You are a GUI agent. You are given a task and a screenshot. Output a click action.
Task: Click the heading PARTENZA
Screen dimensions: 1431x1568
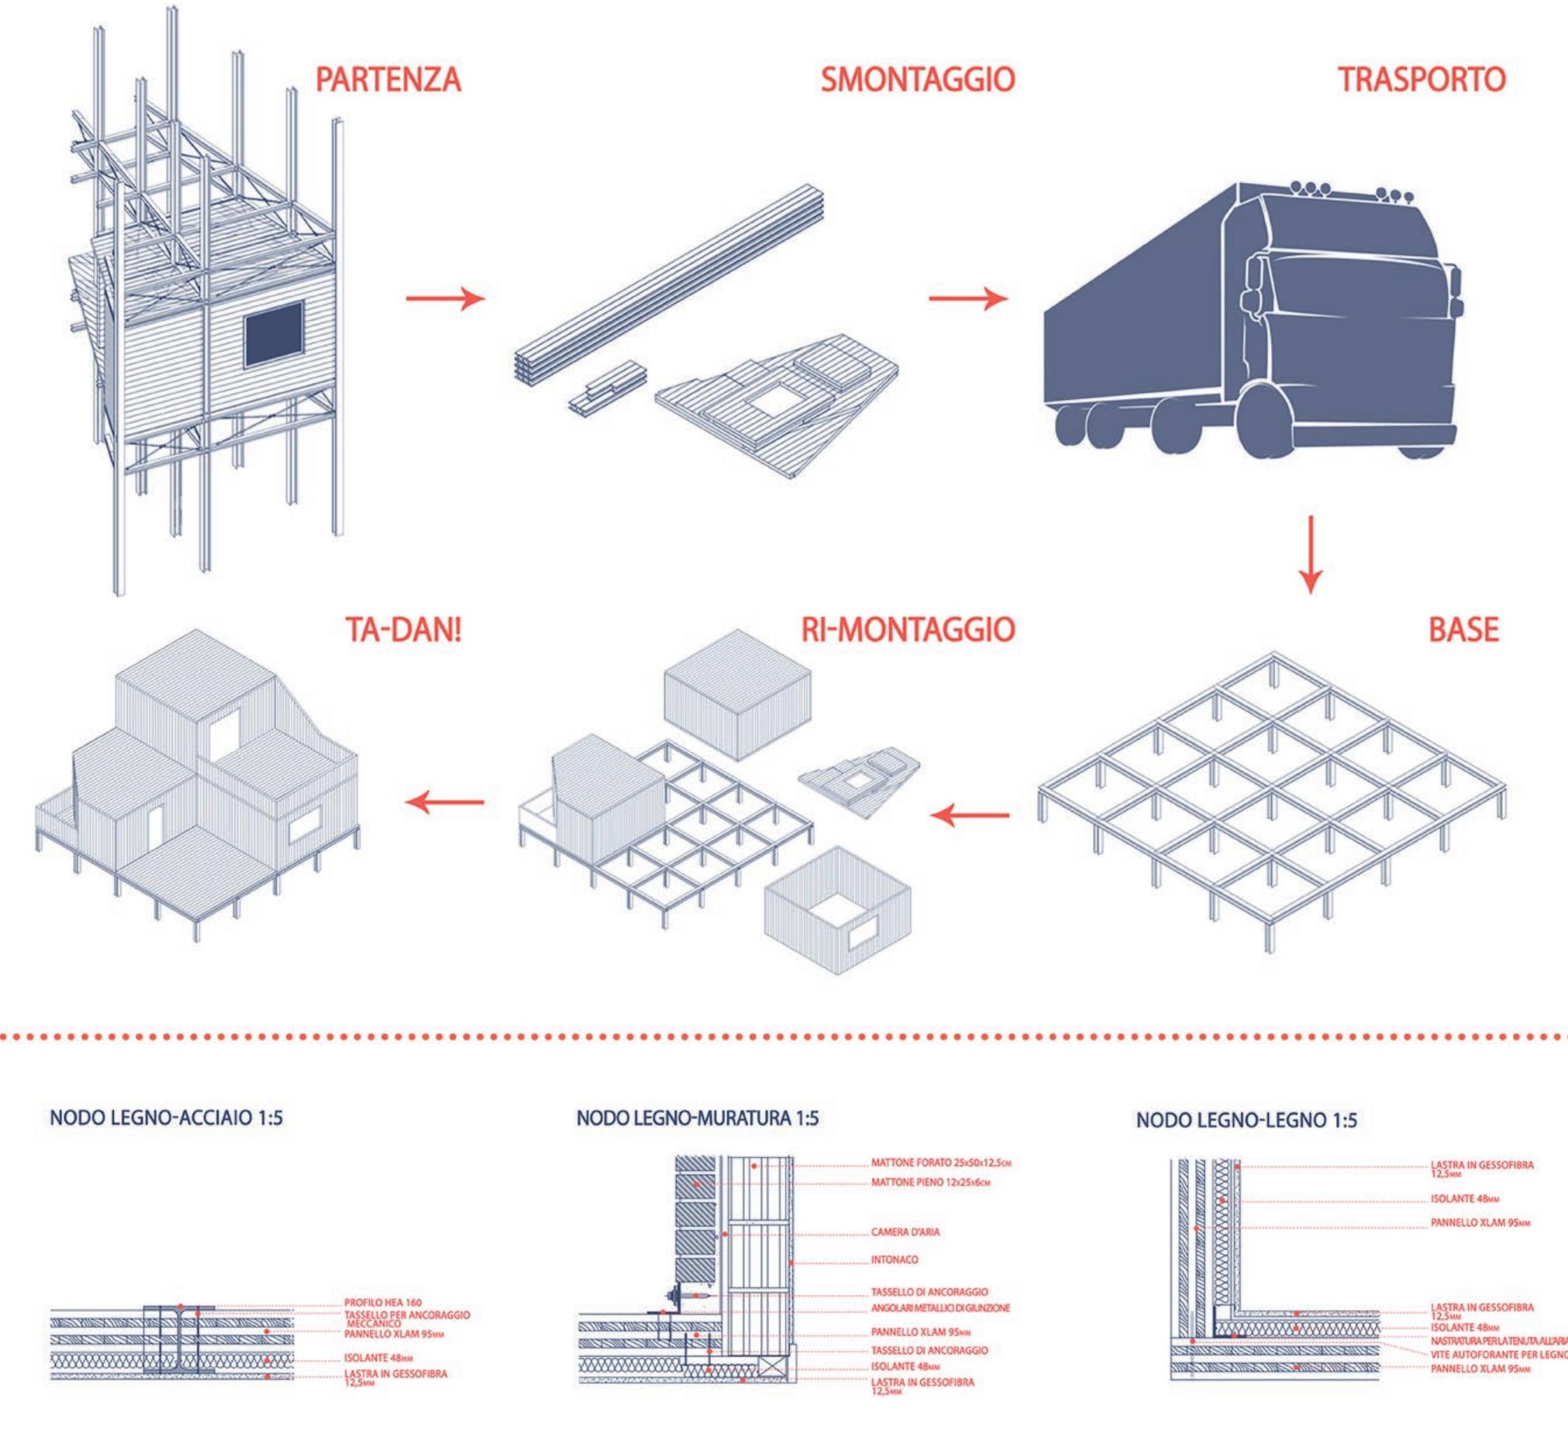pyautogui.click(x=388, y=80)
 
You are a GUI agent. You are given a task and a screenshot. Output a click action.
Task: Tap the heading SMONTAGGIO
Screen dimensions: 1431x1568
pyautogui.click(x=918, y=80)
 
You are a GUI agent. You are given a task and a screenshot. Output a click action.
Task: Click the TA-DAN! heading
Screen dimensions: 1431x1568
pyautogui.click(x=402, y=631)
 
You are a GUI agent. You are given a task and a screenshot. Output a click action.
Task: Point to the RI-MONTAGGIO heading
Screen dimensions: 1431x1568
pyautogui.click(x=908, y=631)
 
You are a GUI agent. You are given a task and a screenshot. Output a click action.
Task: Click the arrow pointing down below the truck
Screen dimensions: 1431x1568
pyautogui.click(x=1310, y=554)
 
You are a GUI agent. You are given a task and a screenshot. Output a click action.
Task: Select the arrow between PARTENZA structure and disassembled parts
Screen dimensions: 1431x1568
pyautogui.click(x=445, y=298)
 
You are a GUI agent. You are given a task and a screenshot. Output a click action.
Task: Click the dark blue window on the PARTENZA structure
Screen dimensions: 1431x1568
pyautogui.click(x=274, y=334)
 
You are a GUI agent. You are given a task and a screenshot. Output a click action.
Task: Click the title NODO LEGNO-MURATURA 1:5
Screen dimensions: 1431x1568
pyautogui.click(x=698, y=1119)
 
